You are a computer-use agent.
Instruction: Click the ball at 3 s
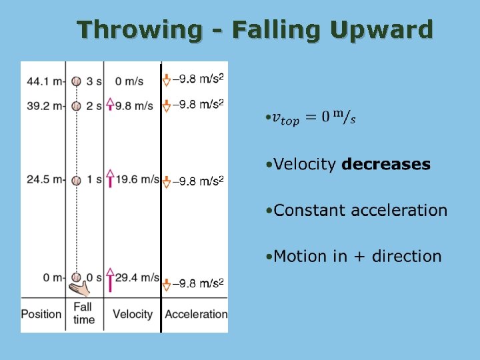[x=77, y=81]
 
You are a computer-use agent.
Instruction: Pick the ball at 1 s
[x=77, y=181]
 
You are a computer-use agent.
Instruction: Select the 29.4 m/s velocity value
[x=137, y=277]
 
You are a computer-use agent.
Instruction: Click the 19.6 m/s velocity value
[x=137, y=180]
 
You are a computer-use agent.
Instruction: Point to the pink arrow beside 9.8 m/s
[x=110, y=105]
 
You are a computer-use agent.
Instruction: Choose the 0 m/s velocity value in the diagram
[x=129, y=81]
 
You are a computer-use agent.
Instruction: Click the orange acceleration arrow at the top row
[x=167, y=81]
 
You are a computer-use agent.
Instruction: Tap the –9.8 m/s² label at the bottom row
[x=198, y=283]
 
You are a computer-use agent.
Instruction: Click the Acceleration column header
[x=195, y=314]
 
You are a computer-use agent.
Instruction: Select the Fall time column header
[x=83, y=313]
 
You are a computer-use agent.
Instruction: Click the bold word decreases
[x=386, y=165]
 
